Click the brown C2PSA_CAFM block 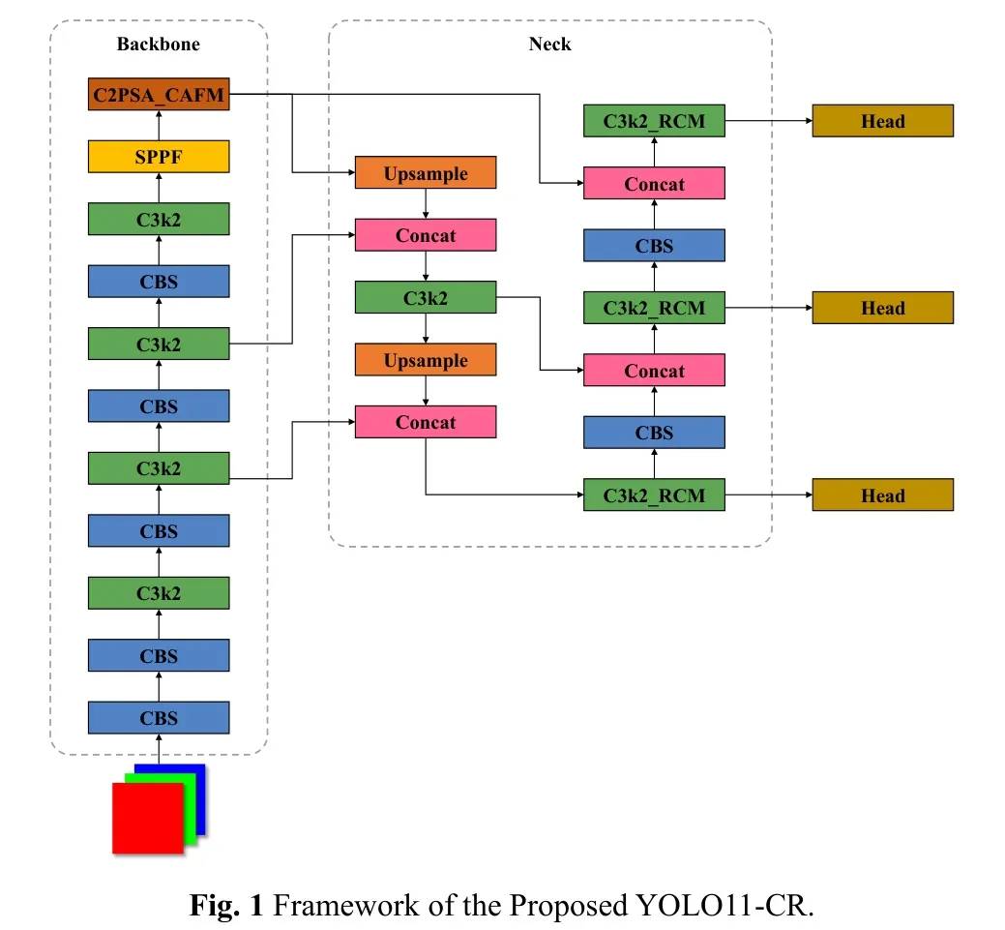point(159,94)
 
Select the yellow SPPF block point(159,156)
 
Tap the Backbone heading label point(159,44)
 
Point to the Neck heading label point(549,44)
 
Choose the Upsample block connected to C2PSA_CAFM point(426,173)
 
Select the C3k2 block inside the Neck point(426,298)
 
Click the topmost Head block point(882,121)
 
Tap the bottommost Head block point(882,495)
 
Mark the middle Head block point(882,309)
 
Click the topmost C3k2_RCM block point(654,121)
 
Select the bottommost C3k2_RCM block point(654,495)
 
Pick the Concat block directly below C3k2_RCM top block point(654,184)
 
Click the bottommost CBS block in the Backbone point(159,718)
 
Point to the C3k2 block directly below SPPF point(159,219)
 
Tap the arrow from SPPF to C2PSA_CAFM point(159,125)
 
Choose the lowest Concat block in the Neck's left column point(426,422)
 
